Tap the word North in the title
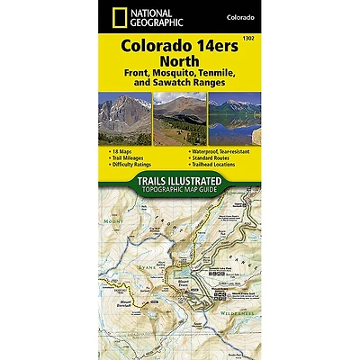[x=180, y=61]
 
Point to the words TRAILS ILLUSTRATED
[x=180, y=185]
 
